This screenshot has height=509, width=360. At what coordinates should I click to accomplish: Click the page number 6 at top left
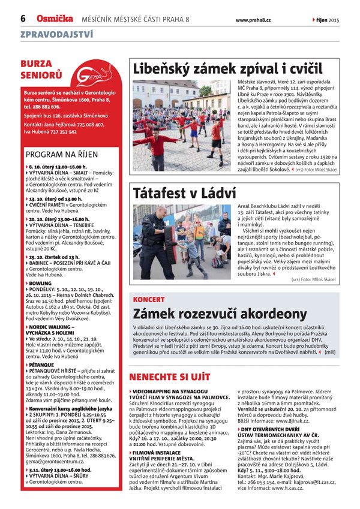click(23, 19)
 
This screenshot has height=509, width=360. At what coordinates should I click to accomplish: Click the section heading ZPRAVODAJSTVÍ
click(56, 35)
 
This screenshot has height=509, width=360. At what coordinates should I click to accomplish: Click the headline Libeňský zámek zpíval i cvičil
click(227, 68)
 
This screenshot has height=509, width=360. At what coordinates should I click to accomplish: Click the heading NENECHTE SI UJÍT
click(170, 377)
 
